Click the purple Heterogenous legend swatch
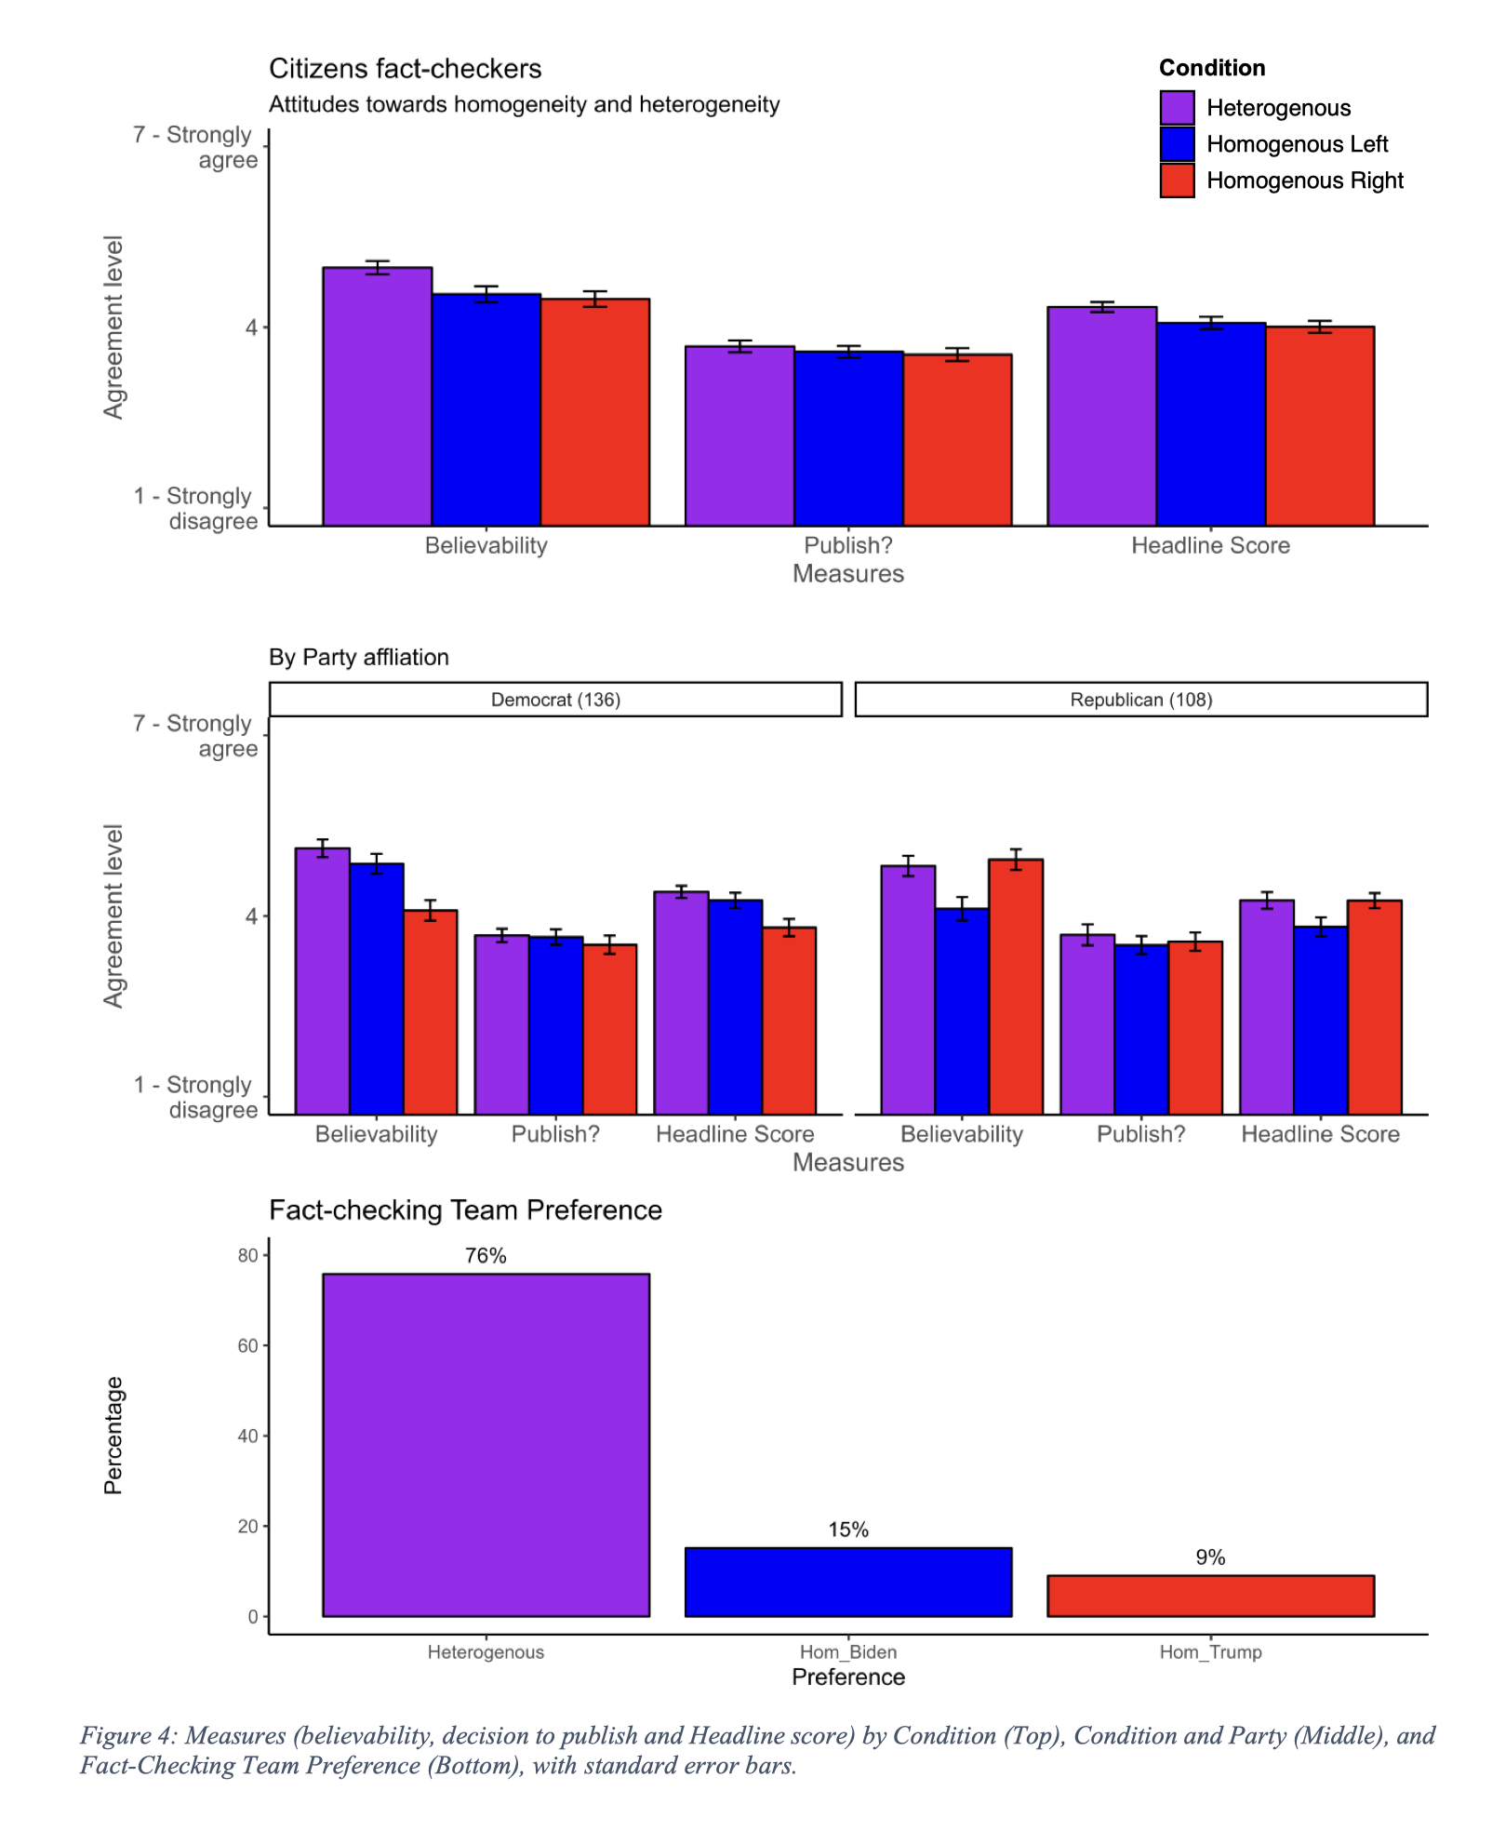(x=1177, y=107)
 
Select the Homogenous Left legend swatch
(x=1177, y=143)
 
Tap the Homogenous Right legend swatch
(x=1177, y=180)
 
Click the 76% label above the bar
(x=486, y=1256)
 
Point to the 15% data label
(x=848, y=1530)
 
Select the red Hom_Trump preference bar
(x=1210, y=1596)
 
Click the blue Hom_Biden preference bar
(x=848, y=1582)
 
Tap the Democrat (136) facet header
(x=555, y=700)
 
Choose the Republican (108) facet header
(x=1140, y=700)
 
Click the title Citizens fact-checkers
(x=405, y=69)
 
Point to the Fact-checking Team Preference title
(x=465, y=1210)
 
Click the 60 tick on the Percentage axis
(x=247, y=1345)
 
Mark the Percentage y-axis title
(x=113, y=1436)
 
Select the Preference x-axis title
(x=848, y=1677)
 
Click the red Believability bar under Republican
(x=1016, y=986)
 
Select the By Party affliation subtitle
(x=359, y=658)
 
